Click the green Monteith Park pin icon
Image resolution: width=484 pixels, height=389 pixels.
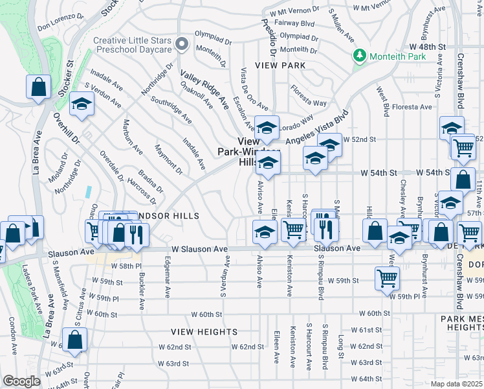tap(359, 56)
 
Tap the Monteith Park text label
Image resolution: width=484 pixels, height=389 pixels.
tap(398, 57)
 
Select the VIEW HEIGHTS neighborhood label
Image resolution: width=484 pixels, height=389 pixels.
tap(204, 331)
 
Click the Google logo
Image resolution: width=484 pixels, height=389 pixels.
tap(21, 381)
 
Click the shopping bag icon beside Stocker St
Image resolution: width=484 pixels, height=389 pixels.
tap(38, 87)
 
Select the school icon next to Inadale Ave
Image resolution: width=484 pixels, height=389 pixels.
tap(82, 106)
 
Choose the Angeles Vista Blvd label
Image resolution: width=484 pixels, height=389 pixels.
tap(317, 129)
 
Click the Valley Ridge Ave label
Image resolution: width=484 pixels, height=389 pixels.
tap(204, 89)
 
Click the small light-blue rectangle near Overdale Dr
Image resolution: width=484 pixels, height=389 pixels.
tap(87, 192)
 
